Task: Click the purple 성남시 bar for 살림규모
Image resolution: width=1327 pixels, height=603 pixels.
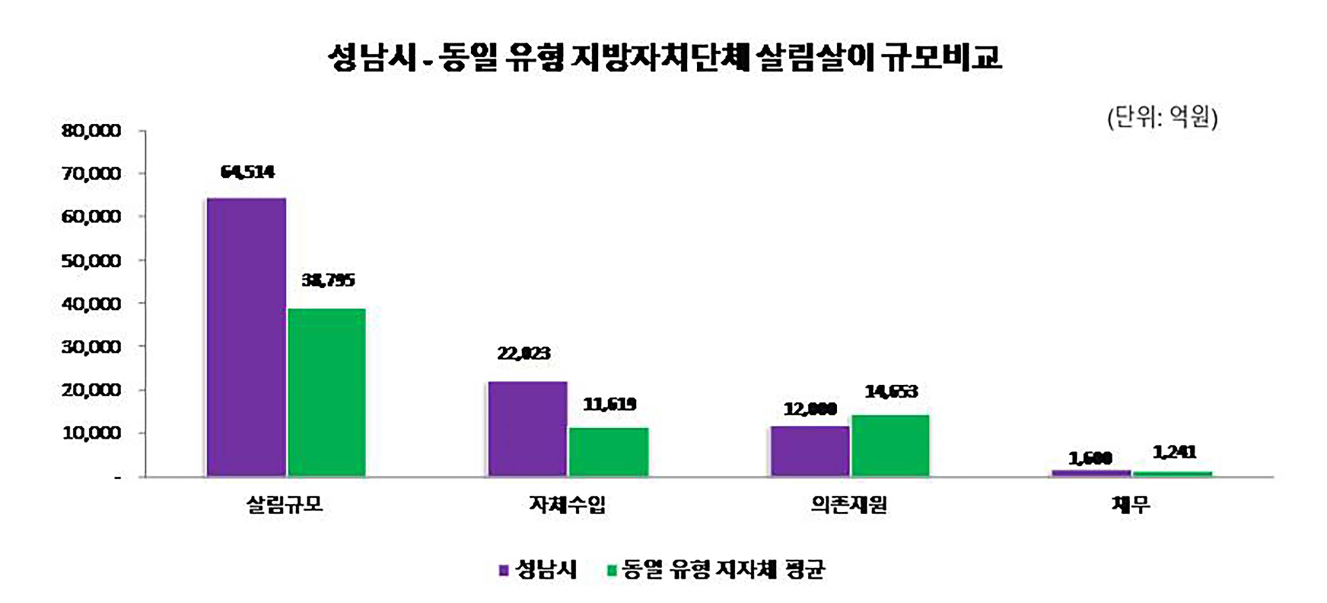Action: point(246,337)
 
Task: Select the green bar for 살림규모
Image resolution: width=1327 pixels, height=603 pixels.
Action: point(327,393)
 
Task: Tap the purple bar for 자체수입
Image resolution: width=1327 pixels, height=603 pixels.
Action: point(527,428)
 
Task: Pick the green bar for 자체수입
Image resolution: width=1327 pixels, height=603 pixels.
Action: point(608,452)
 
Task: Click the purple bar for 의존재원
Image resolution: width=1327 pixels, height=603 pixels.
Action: point(810,451)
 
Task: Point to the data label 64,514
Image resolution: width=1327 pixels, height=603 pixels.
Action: point(247,172)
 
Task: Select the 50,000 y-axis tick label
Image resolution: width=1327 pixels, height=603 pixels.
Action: point(91,261)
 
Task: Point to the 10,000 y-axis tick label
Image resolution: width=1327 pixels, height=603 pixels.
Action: point(91,433)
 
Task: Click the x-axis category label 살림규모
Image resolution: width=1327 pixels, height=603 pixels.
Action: point(285,504)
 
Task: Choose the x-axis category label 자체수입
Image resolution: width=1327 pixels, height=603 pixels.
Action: point(567,504)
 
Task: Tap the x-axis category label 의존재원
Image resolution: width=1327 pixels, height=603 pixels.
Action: point(849,504)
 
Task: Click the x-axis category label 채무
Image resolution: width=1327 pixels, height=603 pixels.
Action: point(1131,504)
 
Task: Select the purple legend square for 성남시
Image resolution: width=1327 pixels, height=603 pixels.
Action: point(504,570)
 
